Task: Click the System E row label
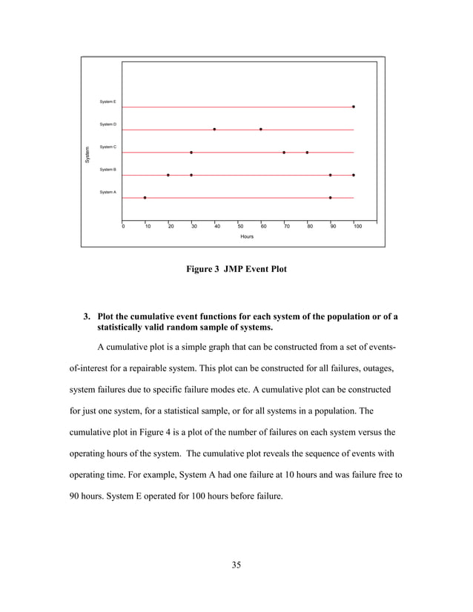coord(107,102)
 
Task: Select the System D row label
coord(107,124)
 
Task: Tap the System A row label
coord(107,192)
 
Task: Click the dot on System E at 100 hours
coord(354,107)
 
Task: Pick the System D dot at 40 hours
coord(214,130)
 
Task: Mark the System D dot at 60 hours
coord(261,130)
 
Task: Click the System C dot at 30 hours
coord(191,153)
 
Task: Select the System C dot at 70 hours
coord(284,153)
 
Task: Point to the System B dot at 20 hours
coord(168,175)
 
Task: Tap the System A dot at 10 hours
coord(145,198)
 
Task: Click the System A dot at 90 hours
coord(330,198)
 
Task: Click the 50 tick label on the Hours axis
coord(240,226)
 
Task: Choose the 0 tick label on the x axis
coord(124,226)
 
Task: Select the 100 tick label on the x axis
coord(358,226)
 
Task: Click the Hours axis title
coord(247,237)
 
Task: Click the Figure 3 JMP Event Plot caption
coord(236,270)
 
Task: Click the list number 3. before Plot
coord(87,317)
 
